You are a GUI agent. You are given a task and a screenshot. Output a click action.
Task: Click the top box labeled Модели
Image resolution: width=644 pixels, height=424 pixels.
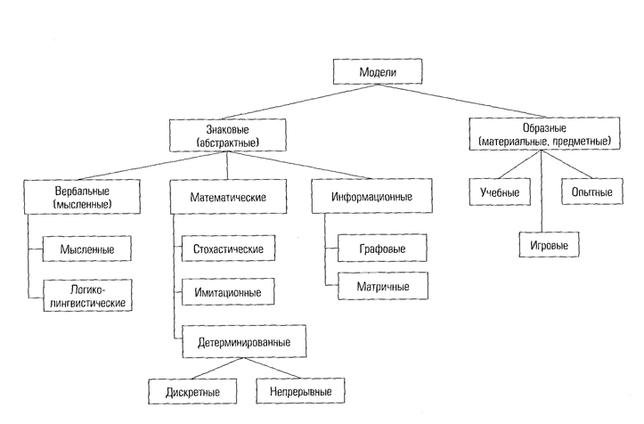tap(363, 73)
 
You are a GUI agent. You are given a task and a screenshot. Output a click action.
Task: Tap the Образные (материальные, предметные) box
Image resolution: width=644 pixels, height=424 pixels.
tap(543, 135)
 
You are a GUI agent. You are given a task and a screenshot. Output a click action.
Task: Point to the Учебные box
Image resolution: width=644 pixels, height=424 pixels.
tap(495, 192)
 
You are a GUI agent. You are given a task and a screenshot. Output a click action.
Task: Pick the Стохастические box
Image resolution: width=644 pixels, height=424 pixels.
tap(228, 248)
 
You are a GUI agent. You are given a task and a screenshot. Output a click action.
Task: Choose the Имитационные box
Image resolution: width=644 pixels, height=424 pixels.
tap(228, 291)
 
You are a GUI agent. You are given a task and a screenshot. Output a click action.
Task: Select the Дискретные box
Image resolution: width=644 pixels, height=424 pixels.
tap(193, 390)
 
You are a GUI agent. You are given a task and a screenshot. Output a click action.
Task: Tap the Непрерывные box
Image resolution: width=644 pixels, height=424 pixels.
tap(298, 390)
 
